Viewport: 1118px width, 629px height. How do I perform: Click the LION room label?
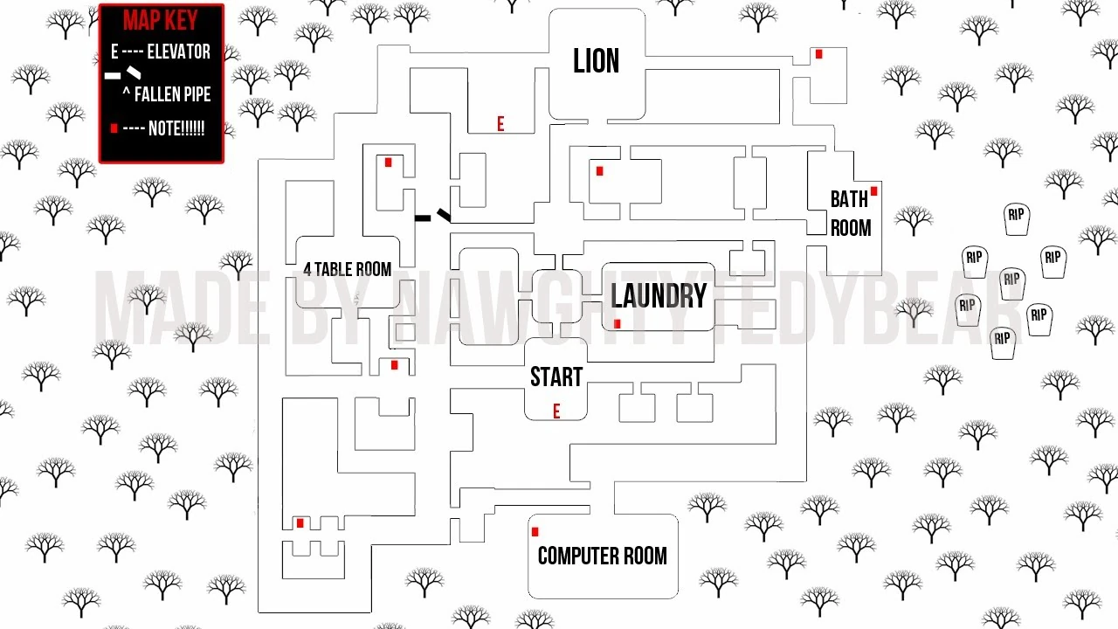597,61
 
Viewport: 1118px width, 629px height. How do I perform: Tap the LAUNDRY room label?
659,296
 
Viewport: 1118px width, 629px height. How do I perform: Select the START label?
556,377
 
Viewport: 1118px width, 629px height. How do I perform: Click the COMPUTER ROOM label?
602,556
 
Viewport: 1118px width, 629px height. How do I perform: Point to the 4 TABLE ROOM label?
347,269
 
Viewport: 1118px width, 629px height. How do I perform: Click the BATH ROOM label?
850,213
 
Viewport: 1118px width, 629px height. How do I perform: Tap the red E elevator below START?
556,411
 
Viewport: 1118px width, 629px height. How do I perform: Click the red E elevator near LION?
500,125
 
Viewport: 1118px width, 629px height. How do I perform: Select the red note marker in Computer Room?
535,531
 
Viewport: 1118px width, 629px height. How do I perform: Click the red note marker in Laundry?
618,324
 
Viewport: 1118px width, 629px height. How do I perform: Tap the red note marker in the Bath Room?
873,191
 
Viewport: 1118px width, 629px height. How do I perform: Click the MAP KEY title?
161,21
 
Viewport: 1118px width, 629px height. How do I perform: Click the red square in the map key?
114,128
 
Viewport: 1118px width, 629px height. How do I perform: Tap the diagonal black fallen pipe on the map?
444,214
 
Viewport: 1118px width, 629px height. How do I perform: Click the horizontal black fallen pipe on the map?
423,218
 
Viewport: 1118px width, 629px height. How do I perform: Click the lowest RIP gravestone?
1003,341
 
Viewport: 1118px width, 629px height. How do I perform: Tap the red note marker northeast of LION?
818,54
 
